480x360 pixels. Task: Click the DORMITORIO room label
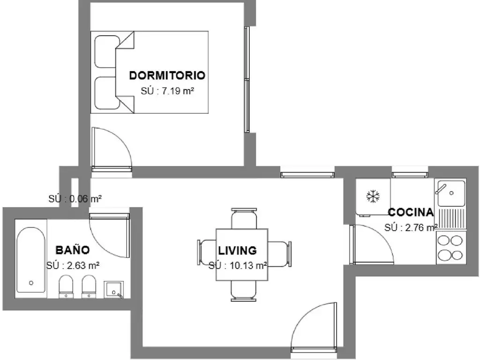tap(167, 75)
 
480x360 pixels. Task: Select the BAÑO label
tap(73, 250)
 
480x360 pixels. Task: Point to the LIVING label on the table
tap(237, 250)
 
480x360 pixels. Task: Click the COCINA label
tap(411, 212)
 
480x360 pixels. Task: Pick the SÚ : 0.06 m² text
tap(75, 199)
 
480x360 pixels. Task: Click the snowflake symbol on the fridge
tap(373, 196)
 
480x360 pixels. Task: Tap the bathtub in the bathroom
tap(30, 260)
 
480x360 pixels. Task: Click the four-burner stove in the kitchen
tap(450, 247)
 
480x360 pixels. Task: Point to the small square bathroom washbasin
tap(113, 289)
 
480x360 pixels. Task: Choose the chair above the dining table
tap(244, 218)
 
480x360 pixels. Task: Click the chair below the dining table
tap(243, 291)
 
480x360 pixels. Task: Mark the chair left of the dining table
tap(207, 253)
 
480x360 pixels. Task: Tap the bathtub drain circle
tap(31, 283)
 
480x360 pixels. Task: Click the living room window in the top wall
tap(307, 174)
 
